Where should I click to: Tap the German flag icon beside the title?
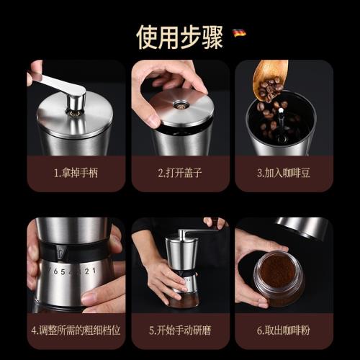pyautogui.click(x=239, y=32)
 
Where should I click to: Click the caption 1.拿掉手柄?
pyautogui.click(x=76, y=173)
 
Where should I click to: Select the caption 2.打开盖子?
pyautogui.click(x=180, y=173)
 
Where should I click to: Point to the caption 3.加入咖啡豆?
pyautogui.click(x=284, y=173)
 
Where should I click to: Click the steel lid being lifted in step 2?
pyautogui.click(x=183, y=108)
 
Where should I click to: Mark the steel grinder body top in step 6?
pyautogui.click(x=302, y=227)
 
